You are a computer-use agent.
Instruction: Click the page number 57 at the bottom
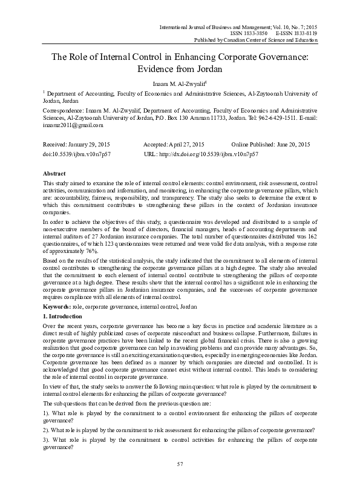[180, 480]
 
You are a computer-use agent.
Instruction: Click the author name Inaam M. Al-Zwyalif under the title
[179, 84]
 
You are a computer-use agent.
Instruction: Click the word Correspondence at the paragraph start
[62, 111]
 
